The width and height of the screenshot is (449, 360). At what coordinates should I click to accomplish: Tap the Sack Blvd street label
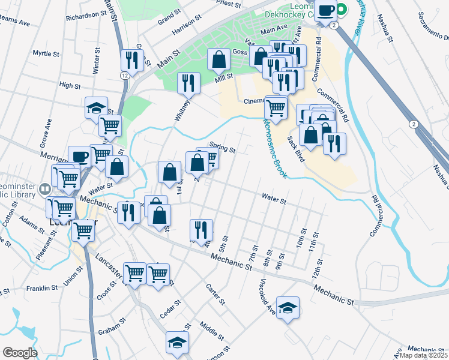tap(296, 147)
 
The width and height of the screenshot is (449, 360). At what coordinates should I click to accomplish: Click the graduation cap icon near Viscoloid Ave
tap(288, 308)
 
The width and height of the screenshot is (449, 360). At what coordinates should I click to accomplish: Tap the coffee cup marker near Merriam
tap(79, 157)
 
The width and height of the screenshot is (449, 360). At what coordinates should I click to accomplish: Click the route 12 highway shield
tap(124, 76)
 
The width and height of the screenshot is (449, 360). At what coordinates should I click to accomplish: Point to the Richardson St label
tap(85, 16)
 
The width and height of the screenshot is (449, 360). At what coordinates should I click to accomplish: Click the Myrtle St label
tap(44, 53)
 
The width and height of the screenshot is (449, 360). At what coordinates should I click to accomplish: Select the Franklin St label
tap(41, 288)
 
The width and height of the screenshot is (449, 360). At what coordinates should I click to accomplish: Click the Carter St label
tap(215, 293)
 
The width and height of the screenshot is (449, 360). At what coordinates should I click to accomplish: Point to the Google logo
tap(20, 353)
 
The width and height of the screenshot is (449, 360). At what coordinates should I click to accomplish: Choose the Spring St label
tap(222, 145)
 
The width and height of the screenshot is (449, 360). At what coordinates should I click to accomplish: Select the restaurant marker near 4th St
tap(201, 230)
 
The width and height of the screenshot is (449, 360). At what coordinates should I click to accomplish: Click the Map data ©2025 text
tap(423, 355)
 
